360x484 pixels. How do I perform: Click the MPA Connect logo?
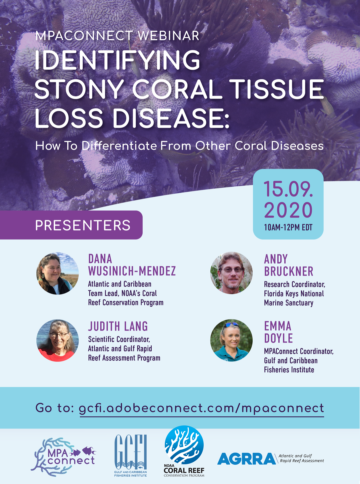pyautogui.click(x=63, y=457)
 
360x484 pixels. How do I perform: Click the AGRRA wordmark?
pyautogui.click(x=246, y=459)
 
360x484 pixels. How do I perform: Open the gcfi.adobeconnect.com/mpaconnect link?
pyautogui.click(x=201, y=408)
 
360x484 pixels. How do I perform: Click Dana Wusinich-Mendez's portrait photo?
pyautogui.click(x=57, y=273)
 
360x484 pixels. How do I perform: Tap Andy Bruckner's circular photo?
pyautogui.click(x=231, y=273)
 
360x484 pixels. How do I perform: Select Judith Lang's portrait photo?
pyautogui.click(x=57, y=340)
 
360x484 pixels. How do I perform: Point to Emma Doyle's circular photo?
pyautogui.click(x=231, y=340)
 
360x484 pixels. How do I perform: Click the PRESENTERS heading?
pyautogui.click(x=83, y=225)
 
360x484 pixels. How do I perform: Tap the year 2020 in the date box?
pyautogui.click(x=288, y=210)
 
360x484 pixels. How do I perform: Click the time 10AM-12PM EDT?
pyautogui.click(x=288, y=228)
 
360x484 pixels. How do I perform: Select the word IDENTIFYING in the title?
pyautogui.click(x=118, y=60)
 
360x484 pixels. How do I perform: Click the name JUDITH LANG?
pyautogui.click(x=118, y=326)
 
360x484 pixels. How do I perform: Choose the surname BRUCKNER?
pyautogui.click(x=289, y=271)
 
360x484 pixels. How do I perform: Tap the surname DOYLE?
pyautogui.click(x=278, y=338)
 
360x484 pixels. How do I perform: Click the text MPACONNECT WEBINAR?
pyautogui.click(x=117, y=36)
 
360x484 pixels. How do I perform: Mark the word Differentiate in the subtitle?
pyautogui.click(x=119, y=146)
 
